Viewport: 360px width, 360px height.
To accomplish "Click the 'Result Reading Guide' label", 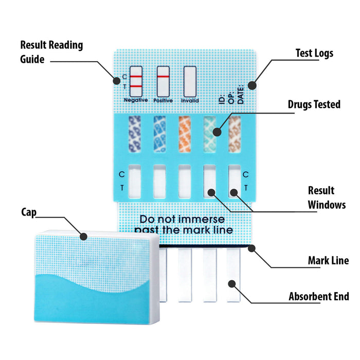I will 51,52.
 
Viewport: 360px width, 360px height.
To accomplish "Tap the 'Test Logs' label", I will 314,53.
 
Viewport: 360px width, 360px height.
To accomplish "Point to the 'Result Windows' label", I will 327,197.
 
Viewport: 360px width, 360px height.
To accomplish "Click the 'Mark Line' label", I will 328,260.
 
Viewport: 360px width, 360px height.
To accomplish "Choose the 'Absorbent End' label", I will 319,297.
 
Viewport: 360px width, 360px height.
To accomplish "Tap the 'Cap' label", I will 28,212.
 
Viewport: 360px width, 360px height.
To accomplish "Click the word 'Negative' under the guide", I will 136,100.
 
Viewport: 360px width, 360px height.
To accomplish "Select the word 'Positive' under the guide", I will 163,100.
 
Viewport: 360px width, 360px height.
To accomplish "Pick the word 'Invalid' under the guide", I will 190,100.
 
